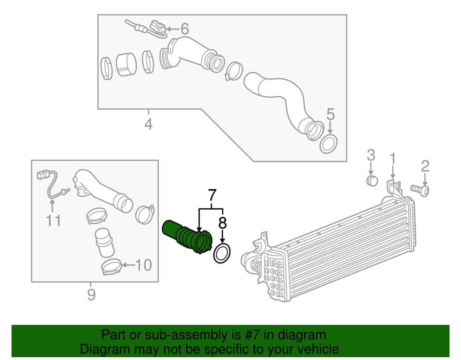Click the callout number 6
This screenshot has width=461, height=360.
pos(184,30)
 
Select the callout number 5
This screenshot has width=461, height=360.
pos(330,114)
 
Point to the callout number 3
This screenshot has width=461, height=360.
pos(371,155)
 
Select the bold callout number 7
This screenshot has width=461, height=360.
pos(212,195)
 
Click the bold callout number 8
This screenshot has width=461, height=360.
pos(223,224)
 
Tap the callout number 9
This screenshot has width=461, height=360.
pos(91,294)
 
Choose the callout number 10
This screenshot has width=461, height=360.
pos(143,265)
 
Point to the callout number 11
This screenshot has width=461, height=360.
pos(53,221)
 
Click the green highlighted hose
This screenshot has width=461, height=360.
pos(187,235)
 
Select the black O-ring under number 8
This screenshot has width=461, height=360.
pos(223,254)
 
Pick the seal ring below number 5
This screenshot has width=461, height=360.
pos(329,144)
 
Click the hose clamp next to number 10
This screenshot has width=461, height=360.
pos(112,267)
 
